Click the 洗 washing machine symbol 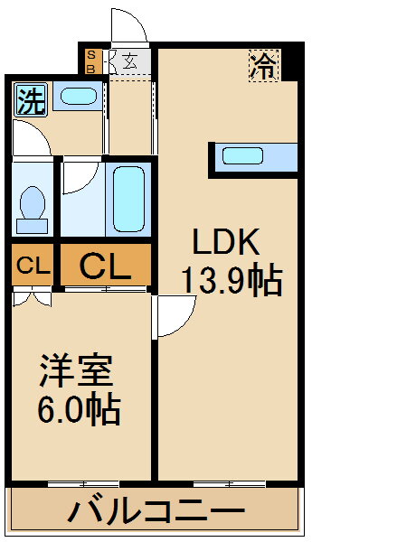31,99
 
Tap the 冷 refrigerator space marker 264,66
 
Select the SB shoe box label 91,61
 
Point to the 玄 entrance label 130,61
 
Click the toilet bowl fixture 33,210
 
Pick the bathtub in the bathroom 128,199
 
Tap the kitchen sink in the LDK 242,155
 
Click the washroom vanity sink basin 78,96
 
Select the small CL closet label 33,266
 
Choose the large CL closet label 105,266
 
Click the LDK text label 226,241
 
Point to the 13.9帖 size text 232,279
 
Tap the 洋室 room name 77,370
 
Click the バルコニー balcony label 156,511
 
